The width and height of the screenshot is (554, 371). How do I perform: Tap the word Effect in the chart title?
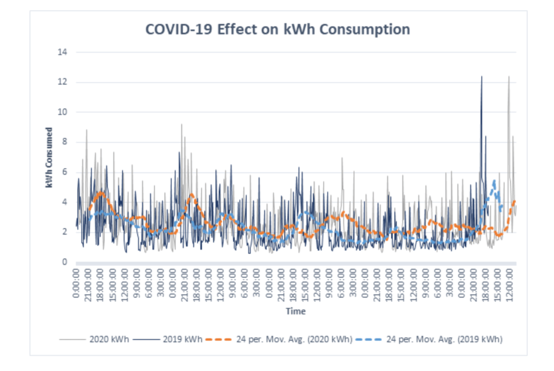tap(236, 29)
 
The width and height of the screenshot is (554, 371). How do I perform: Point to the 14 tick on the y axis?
tap(63, 52)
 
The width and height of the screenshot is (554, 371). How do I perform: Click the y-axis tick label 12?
tap(63, 82)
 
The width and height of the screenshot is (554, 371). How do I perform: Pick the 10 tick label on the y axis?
tap(63, 112)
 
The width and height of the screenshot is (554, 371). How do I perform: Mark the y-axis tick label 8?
tap(65, 142)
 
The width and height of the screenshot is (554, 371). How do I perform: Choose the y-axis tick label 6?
tap(65, 172)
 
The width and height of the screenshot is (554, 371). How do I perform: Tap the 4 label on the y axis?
tap(65, 202)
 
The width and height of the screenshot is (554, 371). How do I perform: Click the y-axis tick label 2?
tap(65, 232)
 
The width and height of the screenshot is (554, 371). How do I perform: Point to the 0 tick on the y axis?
tap(65, 262)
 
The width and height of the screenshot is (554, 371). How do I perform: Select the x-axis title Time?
tap(296, 312)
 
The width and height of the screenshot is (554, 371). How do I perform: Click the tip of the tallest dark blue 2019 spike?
tap(482, 76)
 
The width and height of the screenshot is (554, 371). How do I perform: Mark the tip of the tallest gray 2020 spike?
tap(509, 76)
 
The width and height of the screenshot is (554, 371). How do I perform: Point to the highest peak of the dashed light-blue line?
tap(494, 181)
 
